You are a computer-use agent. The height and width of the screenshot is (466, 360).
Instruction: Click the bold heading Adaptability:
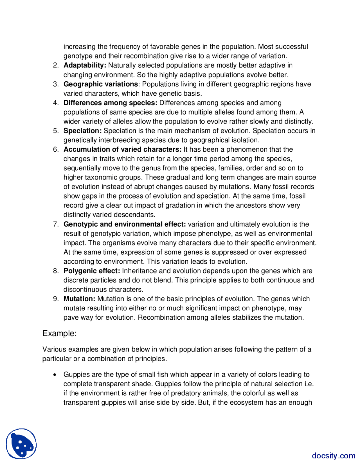(85, 65)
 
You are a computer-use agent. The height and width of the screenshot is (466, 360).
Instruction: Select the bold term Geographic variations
(101, 84)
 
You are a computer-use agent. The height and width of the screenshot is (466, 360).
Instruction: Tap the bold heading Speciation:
(82, 131)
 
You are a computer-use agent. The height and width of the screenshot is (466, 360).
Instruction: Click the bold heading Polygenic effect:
(92, 271)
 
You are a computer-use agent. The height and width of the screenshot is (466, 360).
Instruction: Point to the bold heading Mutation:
(79, 299)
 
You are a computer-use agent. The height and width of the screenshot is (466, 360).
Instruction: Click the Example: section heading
(59, 333)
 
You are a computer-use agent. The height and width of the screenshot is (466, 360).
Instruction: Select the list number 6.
(56, 149)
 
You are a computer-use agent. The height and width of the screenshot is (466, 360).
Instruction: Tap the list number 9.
(56, 299)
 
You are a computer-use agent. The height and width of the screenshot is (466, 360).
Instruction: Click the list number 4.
(56, 103)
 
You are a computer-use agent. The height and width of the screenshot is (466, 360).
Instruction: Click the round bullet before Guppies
(55, 375)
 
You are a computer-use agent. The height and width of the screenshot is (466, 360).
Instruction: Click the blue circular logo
(21, 444)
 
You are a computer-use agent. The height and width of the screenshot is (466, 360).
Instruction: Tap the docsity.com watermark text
(333, 456)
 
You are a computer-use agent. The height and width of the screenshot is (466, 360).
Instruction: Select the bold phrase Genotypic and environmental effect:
(125, 224)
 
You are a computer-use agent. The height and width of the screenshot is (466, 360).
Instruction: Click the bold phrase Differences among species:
(110, 103)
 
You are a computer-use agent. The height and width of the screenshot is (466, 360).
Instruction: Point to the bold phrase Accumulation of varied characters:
(123, 149)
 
